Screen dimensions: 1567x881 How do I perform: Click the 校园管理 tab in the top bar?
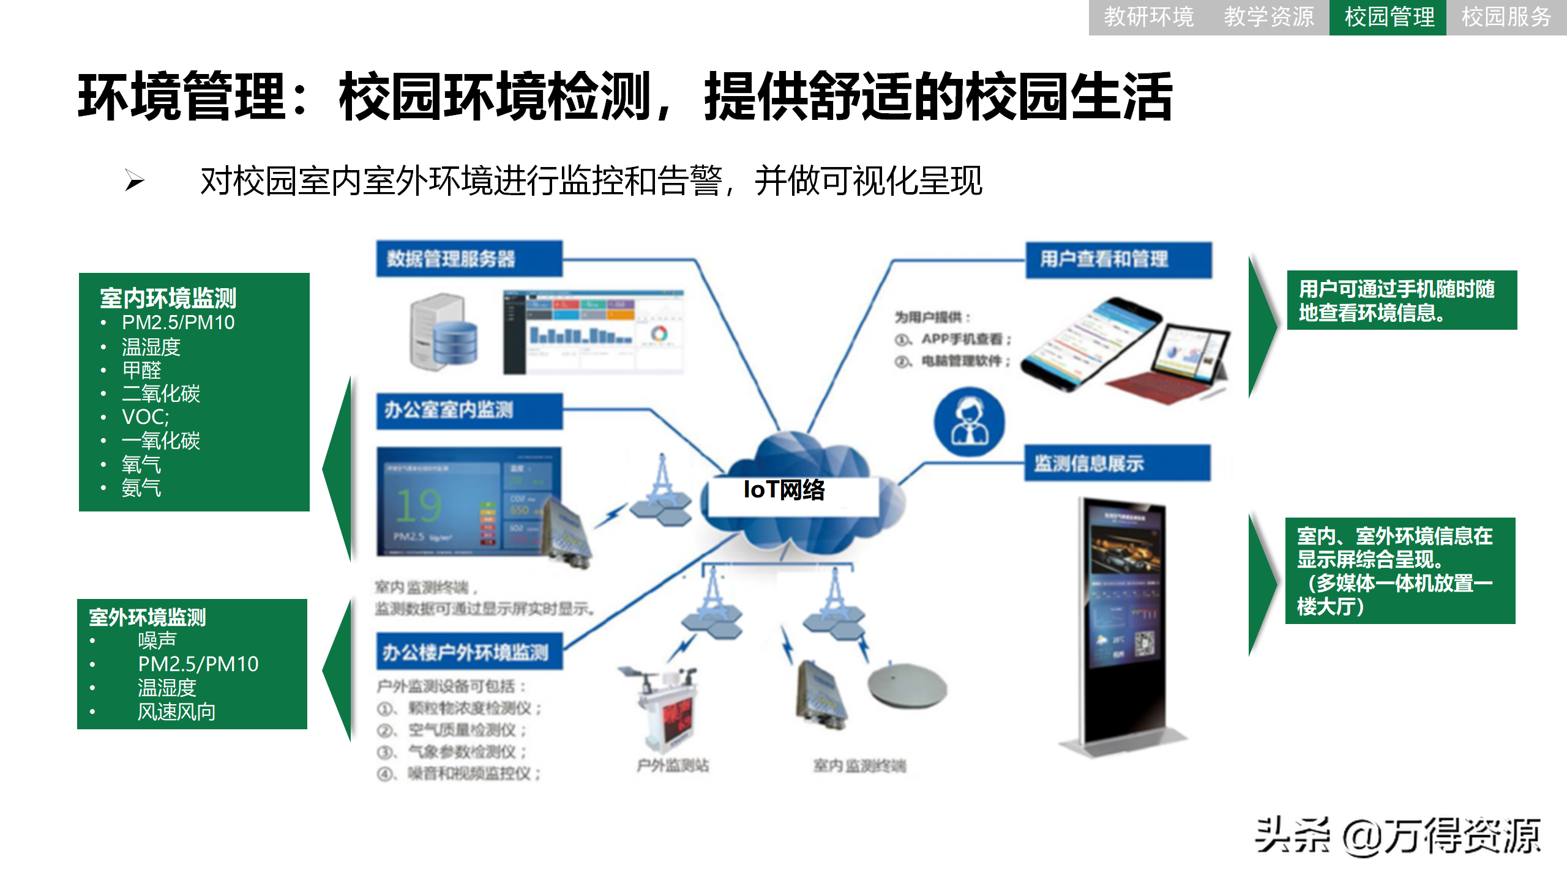pos(1388,17)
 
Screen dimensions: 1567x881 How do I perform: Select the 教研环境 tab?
pos(1148,17)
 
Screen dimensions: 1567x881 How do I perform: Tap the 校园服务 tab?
pos(1506,17)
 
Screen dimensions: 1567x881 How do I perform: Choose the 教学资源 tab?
pos(1268,17)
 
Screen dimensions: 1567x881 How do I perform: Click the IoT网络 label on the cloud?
pos(784,489)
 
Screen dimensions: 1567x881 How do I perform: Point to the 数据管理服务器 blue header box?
pos(469,259)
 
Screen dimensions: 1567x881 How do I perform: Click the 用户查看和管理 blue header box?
pos(1118,259)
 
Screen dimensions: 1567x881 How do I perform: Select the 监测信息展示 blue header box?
pos(1117,463)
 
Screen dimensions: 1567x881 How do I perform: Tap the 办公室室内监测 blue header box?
pos(469,410)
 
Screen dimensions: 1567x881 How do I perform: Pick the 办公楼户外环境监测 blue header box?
pos(469,652)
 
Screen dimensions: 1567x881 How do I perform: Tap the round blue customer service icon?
pos(969,422)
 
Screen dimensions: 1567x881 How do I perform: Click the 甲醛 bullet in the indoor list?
pos(141,370)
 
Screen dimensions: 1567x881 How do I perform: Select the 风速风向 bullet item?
pos(176,712)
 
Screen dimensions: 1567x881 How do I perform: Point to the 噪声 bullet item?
pos(157,641)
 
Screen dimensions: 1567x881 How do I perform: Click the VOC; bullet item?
pos(145,417)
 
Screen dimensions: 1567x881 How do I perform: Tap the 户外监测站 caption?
pos(673,765)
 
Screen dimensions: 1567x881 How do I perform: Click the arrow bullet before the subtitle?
pos(135,180)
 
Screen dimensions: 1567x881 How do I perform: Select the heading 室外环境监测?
pos(148,617)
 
